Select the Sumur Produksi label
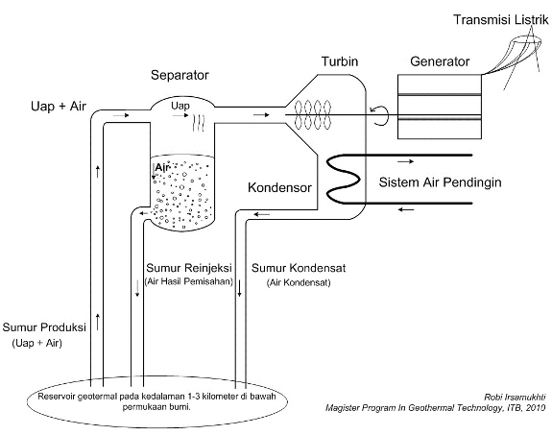(x=46, y=326)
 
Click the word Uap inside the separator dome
(x=180, y=105)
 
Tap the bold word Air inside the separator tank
(x=162, y=167)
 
